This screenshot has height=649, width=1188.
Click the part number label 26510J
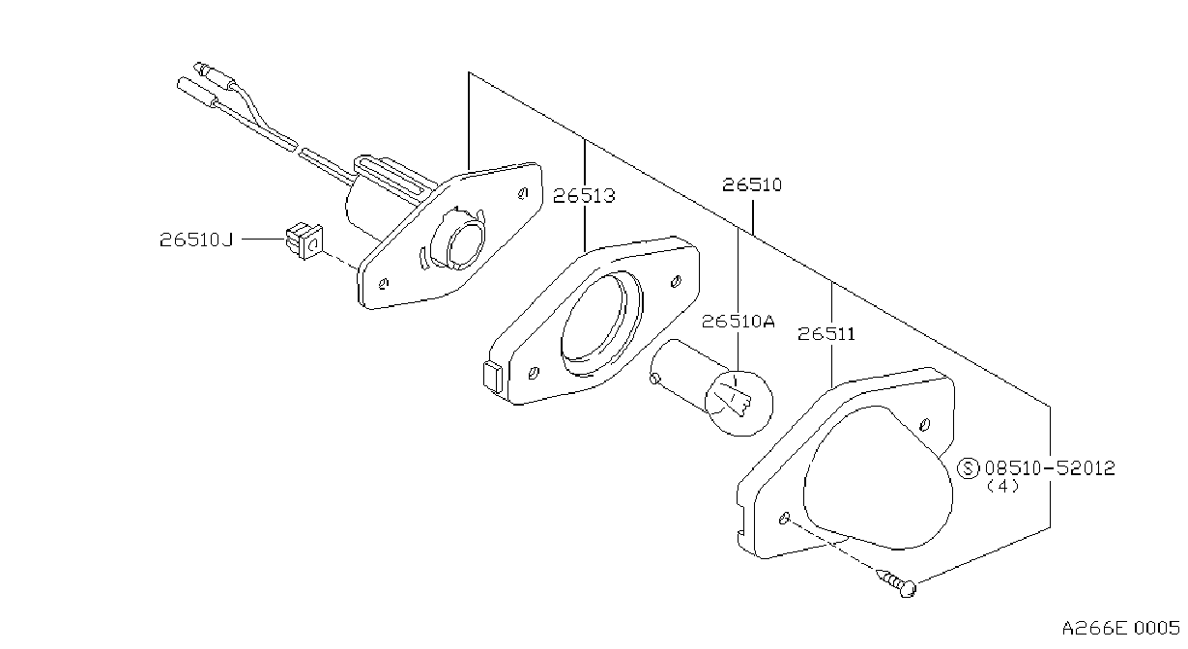click(196, 240)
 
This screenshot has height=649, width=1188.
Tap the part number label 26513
click(584, 196)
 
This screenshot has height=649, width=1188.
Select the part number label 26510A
click(739, 321)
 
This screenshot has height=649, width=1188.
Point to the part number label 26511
click(826, 334)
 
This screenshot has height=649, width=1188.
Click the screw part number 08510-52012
click(1050, 467)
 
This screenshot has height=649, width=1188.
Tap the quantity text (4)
click(1003, 487)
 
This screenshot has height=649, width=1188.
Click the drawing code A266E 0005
click(1120, 629)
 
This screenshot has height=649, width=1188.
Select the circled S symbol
click(969, 468)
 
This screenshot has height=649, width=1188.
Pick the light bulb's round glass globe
click(739, 403)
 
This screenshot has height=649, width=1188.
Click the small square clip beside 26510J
click(304, 240)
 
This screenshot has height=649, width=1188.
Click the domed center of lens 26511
click(878, 477)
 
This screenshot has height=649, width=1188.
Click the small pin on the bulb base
click(655, 378)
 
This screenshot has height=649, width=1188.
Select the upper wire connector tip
click(201, 68)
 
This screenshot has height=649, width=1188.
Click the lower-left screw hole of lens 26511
click(785, 519)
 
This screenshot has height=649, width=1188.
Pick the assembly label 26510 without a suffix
click(752, 184)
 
